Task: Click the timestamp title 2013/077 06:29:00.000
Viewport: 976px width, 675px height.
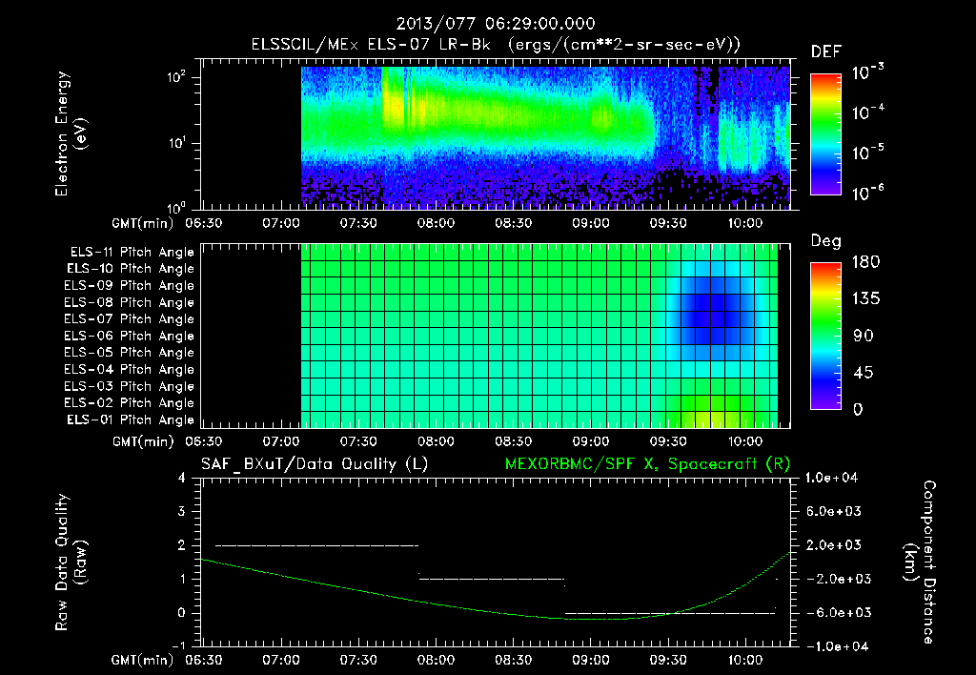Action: [487, 24]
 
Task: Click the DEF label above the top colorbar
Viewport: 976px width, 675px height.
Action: [825, 51]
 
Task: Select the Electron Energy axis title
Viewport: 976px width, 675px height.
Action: [71, 134]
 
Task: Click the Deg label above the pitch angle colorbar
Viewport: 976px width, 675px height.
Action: [825, 241]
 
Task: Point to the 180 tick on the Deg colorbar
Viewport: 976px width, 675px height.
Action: [863, 262]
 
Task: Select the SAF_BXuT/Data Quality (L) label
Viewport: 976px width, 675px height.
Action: [313, 463]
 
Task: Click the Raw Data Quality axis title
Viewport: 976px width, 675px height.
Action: [71, 562]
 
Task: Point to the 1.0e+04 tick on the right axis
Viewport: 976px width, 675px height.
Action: [834, 477]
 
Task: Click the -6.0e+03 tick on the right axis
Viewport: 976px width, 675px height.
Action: [834, 612]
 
